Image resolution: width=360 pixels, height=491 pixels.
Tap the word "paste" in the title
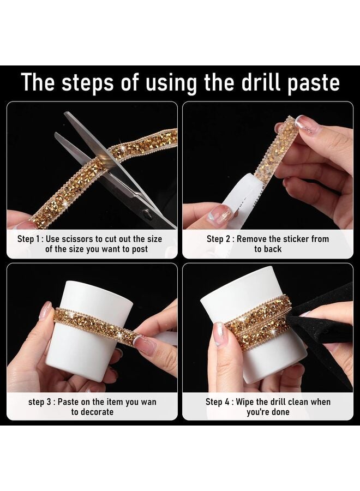(x=314, y=83)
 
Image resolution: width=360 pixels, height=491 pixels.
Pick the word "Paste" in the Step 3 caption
(x=69, y=402)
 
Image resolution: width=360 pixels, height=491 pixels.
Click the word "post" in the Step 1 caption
(x=140, y=249)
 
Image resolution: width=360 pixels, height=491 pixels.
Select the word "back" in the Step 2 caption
(x=272, y=249)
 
